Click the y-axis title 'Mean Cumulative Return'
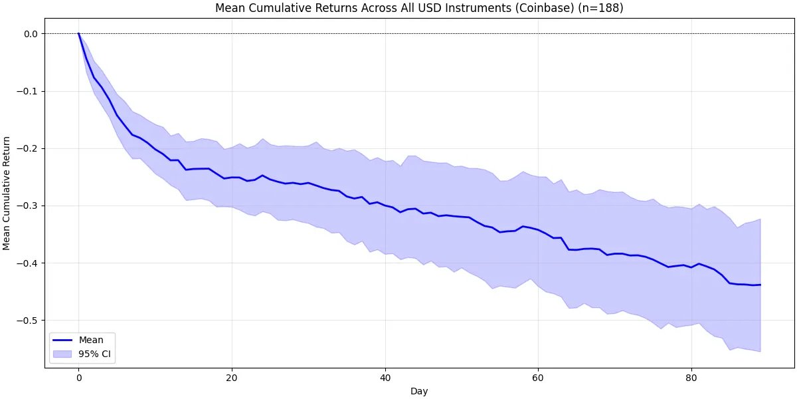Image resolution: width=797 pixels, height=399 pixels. (7, 193)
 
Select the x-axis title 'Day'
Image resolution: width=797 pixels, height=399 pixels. (419, 392)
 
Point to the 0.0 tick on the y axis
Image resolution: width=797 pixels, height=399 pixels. (31, 34)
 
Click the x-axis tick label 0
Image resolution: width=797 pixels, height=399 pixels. (78, 377)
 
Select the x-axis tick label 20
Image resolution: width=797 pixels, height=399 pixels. (232, 377)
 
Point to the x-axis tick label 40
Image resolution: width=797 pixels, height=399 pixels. (385, 377)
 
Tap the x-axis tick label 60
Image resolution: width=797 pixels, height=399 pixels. (538, 377)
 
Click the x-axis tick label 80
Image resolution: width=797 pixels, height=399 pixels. (691, 377)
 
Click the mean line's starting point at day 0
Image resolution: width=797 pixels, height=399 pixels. (78, 34)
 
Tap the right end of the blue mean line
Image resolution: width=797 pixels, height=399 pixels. (760, 285)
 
